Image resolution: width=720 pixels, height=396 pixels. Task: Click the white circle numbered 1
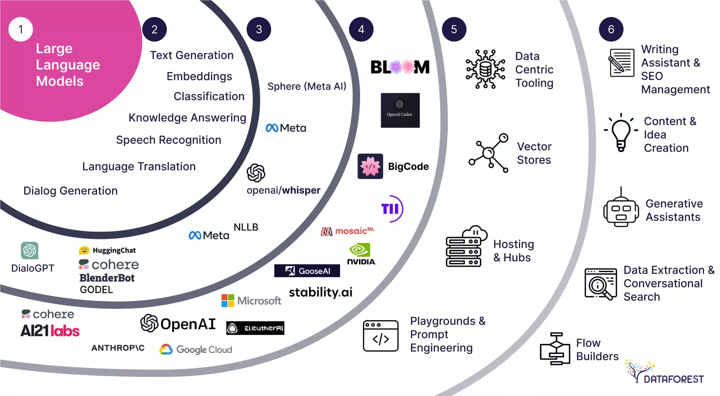click(x=21, y=29)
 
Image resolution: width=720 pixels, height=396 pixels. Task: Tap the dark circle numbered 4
click(x=361, y=29)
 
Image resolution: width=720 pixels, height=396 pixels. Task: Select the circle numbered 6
click(x=611, y=29)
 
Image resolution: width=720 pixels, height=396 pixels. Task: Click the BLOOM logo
click(x=400, y=67)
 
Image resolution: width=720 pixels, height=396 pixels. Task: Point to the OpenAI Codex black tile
click(x=400, y=110)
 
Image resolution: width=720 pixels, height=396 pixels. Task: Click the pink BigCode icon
click(x=370, y=166)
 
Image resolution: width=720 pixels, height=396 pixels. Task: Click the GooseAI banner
click(x=307, y=271)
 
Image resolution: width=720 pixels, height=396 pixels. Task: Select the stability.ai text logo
click(x=321, y=292)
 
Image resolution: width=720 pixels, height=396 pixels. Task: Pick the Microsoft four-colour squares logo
click(x=228, y=301)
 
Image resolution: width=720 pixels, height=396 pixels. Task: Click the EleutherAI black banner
click(x=255, y=328)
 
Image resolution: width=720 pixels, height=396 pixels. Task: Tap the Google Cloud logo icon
click(x=166, y=349)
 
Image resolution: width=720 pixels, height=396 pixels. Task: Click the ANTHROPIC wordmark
click(x=118, y=348)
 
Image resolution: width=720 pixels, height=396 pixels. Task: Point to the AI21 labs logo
click(x=50, y=331)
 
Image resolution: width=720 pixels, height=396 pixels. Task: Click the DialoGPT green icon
click(x=30, y=250)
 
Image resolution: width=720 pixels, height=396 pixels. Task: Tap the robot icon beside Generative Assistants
click(x=621, y=210)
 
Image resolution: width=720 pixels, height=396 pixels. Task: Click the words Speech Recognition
click(x=169, y=140)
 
